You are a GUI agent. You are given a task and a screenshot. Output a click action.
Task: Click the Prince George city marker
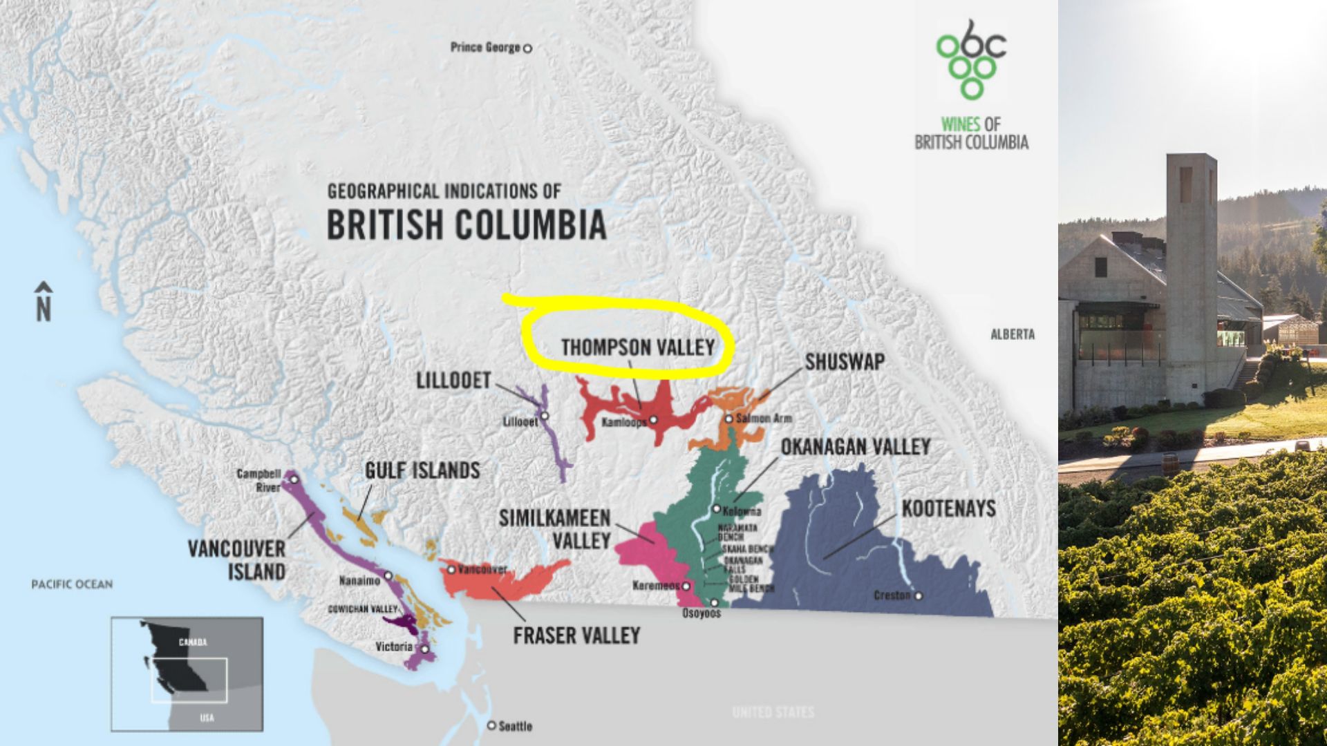point(527,48)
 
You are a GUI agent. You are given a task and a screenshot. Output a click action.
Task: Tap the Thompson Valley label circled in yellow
point(637,347)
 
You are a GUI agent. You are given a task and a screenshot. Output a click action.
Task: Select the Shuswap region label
point(844,362)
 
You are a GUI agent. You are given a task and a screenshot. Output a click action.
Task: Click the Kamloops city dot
point(653,420)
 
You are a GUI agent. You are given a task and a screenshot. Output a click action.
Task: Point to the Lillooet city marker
point(545,416)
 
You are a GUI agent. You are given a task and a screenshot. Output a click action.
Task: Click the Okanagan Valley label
point(855,448)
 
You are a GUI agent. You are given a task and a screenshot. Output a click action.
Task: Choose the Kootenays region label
point(948,509)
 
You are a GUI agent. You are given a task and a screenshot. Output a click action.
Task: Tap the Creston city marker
point(919,595)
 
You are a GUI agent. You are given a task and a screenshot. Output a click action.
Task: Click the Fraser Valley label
point(576,635)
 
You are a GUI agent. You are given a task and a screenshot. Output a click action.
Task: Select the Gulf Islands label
point(422,471)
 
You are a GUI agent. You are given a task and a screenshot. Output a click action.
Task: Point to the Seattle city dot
point(491,725)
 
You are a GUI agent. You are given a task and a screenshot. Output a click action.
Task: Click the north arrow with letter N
point(44,302)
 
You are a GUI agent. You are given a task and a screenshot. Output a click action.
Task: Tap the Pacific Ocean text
point(72,584)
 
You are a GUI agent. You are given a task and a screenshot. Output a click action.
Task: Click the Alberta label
point(1013,334)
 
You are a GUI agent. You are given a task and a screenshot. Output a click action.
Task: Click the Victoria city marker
point(425,649)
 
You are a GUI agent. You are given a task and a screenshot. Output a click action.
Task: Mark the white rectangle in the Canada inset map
point(189,680)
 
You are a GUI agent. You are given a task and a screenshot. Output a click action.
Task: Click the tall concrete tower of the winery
point(1191,276)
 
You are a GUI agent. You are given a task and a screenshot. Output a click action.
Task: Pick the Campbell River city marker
point(294,479)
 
